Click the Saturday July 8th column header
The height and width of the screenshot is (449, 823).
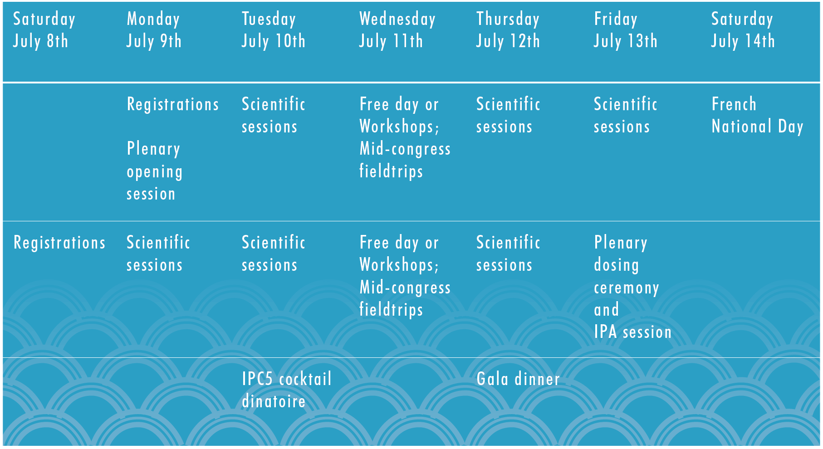coord(44,30)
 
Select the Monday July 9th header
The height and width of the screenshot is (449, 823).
coord(154,30)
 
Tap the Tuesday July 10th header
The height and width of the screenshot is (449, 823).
coord(273,30)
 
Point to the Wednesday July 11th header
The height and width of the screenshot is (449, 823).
coord(397,30)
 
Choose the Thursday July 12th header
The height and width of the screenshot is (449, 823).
coord(508,30)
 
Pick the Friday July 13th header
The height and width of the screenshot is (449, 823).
coord(626,30)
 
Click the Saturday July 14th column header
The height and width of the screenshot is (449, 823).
coord(743,30)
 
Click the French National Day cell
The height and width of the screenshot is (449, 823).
coord(757,116)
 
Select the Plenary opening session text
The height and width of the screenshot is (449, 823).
coord(154,171)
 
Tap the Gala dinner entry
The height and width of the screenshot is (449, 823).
coord(518,379)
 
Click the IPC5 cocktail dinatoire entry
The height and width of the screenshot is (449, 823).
coord(287,390)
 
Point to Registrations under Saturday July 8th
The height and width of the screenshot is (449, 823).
coord(59,243)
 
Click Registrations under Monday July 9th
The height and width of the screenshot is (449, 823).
coord(173,104)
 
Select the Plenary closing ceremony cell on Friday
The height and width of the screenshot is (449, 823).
coord(633,287)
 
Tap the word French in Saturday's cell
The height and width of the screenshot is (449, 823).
coord(734,104)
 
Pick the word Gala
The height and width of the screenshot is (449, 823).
coord(492,379)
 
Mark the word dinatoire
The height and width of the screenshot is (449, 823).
coord(274,401)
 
